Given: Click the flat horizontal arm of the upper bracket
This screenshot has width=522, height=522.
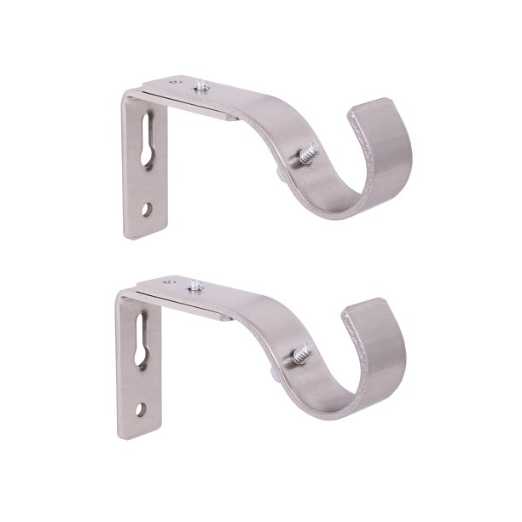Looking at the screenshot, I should (213, 98).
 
